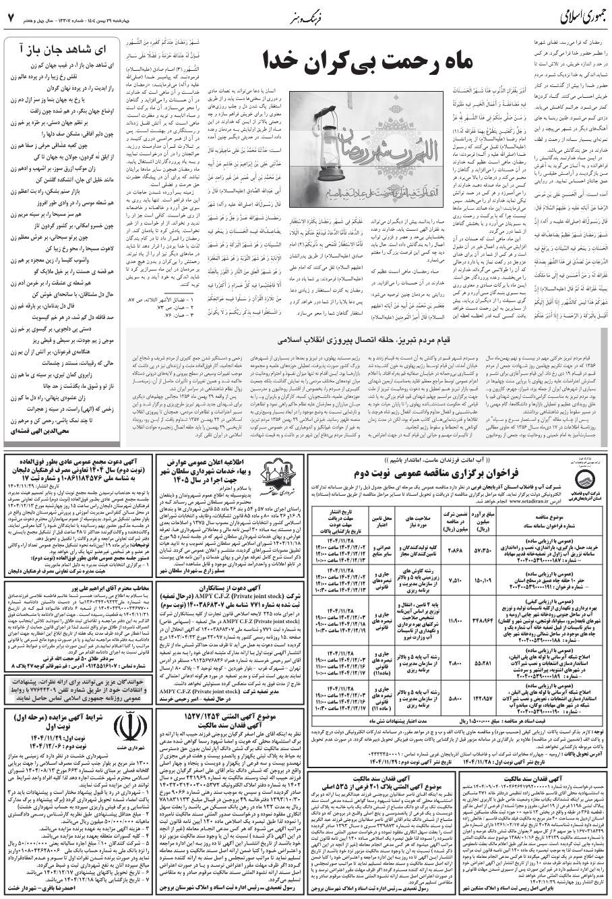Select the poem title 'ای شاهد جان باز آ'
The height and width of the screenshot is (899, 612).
[57, 47]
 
